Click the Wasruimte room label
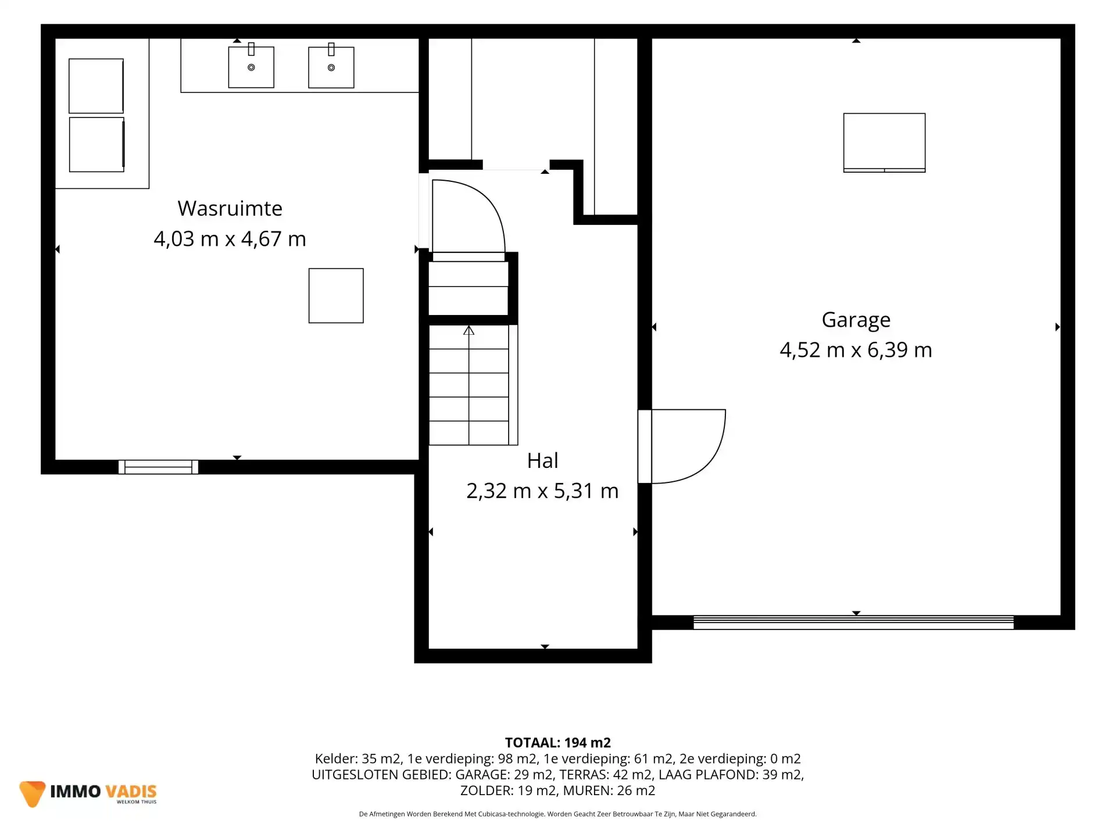point(230,208)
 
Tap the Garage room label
point(856,320)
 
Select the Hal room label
point(542,460)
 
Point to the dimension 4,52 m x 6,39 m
point(856,350)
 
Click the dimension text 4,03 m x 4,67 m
point(230,239)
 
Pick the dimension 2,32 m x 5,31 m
point(542,491)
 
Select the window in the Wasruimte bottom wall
point(158,467)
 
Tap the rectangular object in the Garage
point(884,142)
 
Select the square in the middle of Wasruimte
point(336,295)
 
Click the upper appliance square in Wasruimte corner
point(96,85)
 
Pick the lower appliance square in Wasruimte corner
point(96,144)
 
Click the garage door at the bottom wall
point(853,622)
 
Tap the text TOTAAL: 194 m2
point(558,742)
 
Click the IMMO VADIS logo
point(88,793)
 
